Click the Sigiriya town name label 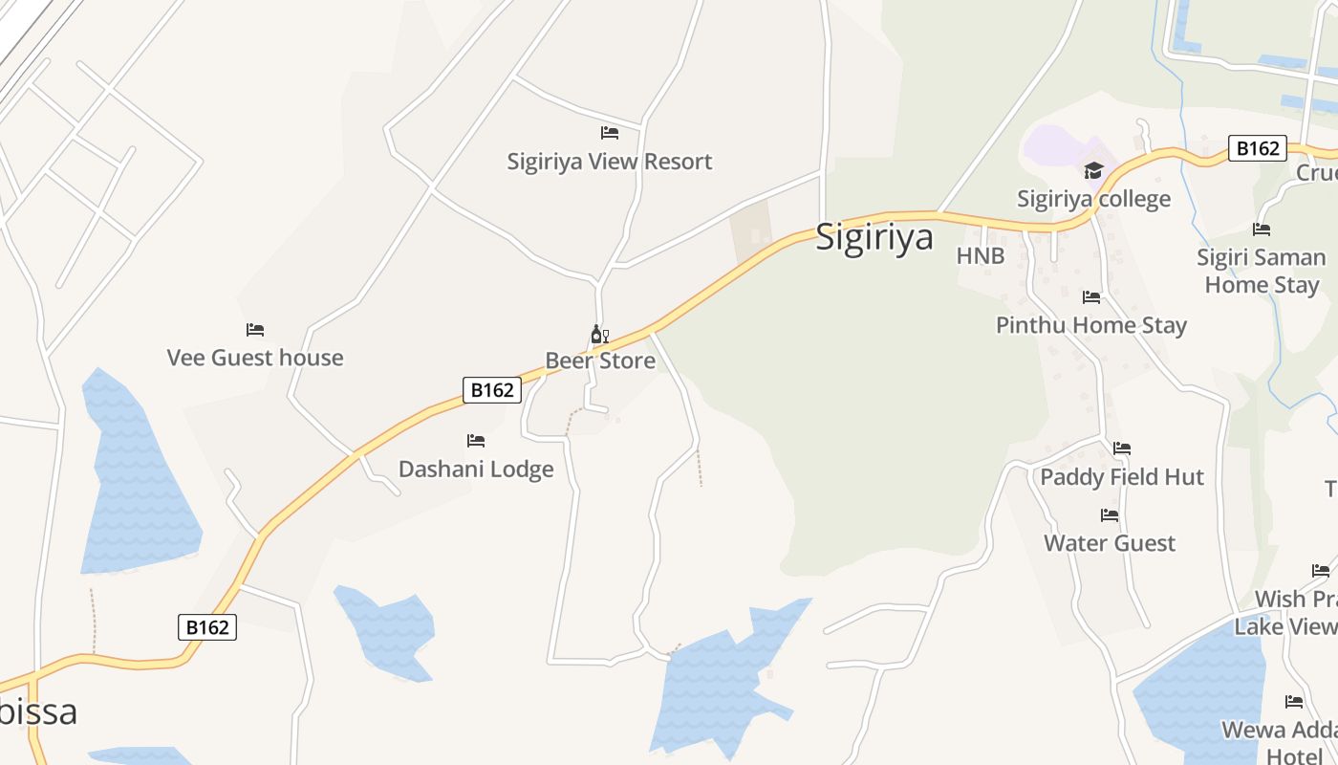pos(874,237)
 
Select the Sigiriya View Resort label pos(610,162)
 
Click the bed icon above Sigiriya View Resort pos(610,133)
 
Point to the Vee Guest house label pos(255,358)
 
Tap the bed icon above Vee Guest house pos(255,330)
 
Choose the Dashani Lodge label pos(476,470)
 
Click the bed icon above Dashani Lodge pos(476,441)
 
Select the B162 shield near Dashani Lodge pos(492,390)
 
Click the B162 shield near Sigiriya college pos(1257,148)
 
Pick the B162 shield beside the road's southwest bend pos(207,627)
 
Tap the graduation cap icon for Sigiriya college pos(1093,171)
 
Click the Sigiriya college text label pos(1093,199)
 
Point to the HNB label pos(981,256)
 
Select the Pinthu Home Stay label pos(1091,325)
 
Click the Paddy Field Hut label pos(1122,477)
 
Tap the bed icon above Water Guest pos(1110,515)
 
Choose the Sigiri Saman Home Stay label pos(1262,271)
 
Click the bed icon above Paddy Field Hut pos(1122,448)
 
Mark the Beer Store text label pos(600,361)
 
